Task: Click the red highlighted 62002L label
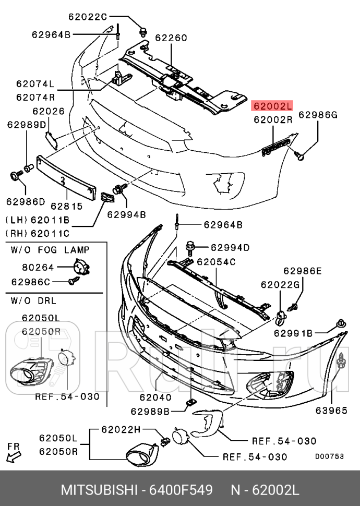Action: point(272,106)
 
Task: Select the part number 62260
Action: point(171,38)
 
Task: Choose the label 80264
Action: point(38,268)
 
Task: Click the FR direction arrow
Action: point(13,454)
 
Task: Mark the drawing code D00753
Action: point(329,456)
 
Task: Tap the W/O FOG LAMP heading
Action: point(50,250)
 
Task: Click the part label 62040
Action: point(155,397)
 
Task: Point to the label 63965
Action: point(331,411)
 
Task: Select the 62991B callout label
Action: point(293,333)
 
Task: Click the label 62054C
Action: point(216,261)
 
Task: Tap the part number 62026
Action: point(48,111)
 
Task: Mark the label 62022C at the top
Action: point(87,16)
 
